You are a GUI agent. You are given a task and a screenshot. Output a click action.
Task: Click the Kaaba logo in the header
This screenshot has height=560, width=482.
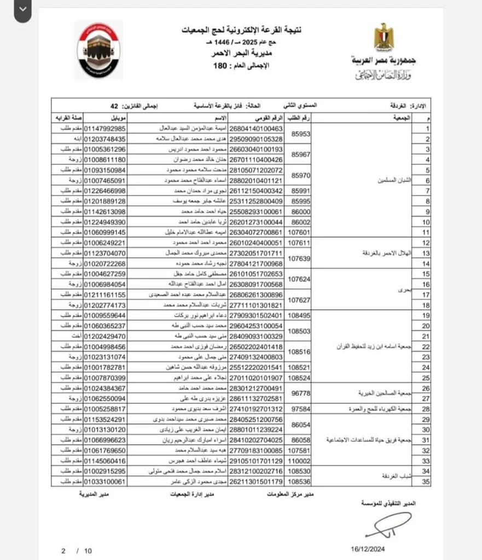(98, 50)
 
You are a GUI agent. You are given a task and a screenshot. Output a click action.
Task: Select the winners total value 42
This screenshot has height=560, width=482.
(114, 106)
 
